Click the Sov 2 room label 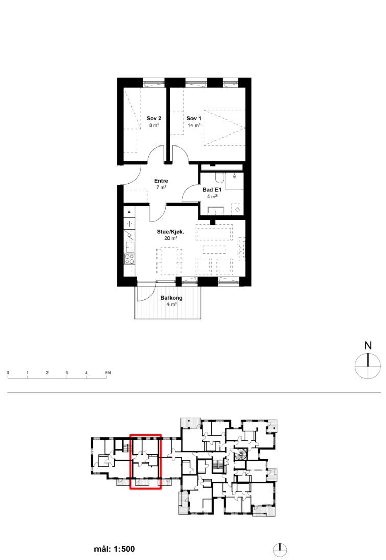[x=154, y=118]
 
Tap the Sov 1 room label [x=194, y=118]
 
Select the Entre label [x=161, y=181]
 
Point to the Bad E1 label [x=212, y=190]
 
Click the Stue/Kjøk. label [x=171, y=232]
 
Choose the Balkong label [x=172, y=298]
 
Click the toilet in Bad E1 [x=219, y=177]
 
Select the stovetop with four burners [x=129, y=259]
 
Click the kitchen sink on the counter [x=129, y=247]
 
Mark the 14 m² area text [x=194, y=126]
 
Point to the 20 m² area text [x=171, y=238]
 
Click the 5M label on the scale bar [x=108, y=373]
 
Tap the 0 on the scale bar [x=8, y=373]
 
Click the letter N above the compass [x=368, y=346]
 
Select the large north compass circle [x=368, y=366]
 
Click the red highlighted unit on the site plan [x=146, y=461]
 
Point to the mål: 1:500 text [x=114, y=549]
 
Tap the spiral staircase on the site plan [x=240, y=455]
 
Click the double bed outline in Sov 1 [x=225, y=128]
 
